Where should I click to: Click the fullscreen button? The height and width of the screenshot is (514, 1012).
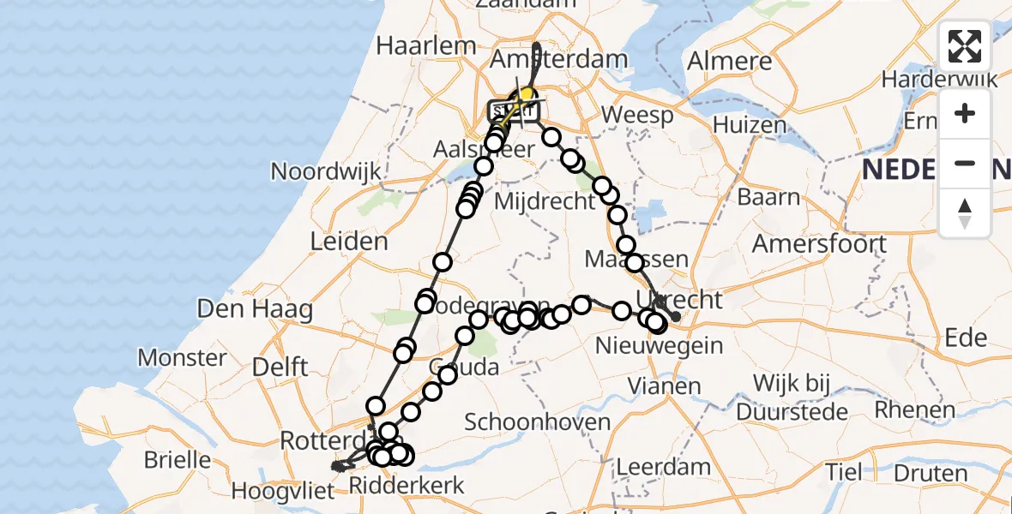click(965, 46)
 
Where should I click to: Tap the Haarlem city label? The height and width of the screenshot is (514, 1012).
click(425, 45)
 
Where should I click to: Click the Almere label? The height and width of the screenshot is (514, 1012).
click(729, 62)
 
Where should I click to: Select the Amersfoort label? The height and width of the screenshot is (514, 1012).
click(819, 243)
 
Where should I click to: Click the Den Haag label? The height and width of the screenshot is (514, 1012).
click(254, 308)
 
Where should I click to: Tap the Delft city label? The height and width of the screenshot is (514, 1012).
click(280, 368)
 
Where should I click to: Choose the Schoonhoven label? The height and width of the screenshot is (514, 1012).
click(537, 421)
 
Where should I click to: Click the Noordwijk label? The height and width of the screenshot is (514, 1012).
click(326, 171)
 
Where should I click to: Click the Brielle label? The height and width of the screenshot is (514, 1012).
click(178, 460)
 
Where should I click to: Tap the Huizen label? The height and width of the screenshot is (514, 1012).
click(750, 125)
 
